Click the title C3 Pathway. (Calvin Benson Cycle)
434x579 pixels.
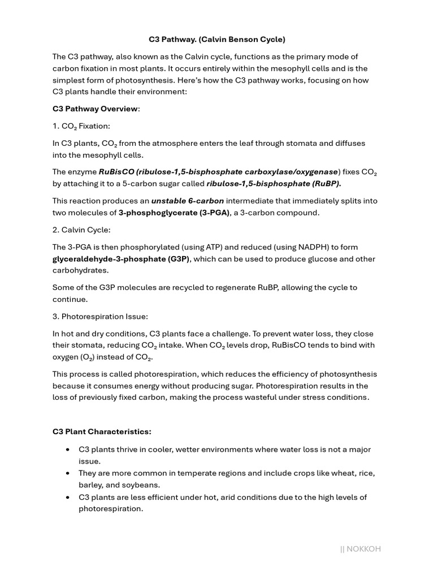[x=217, y=40]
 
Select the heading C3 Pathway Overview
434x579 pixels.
[x=95, y=109]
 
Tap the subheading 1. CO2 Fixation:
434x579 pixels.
[x=81, y=126]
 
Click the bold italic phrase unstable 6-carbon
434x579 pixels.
[x=188, y=201]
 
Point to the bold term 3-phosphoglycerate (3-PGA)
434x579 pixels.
[x=174, y=213]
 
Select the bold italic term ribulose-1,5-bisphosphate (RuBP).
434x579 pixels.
[x=274, y=183]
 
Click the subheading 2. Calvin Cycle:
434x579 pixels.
[x=81, y=230]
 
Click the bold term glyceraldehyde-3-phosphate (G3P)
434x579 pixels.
[x=121, y=259]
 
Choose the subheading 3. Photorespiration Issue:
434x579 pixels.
[x=100, y=316]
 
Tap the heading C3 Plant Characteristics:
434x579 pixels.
[x=102, y=431]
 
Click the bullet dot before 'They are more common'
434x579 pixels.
[x=68, y=473]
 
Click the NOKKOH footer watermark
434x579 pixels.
[x=361, y=548]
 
